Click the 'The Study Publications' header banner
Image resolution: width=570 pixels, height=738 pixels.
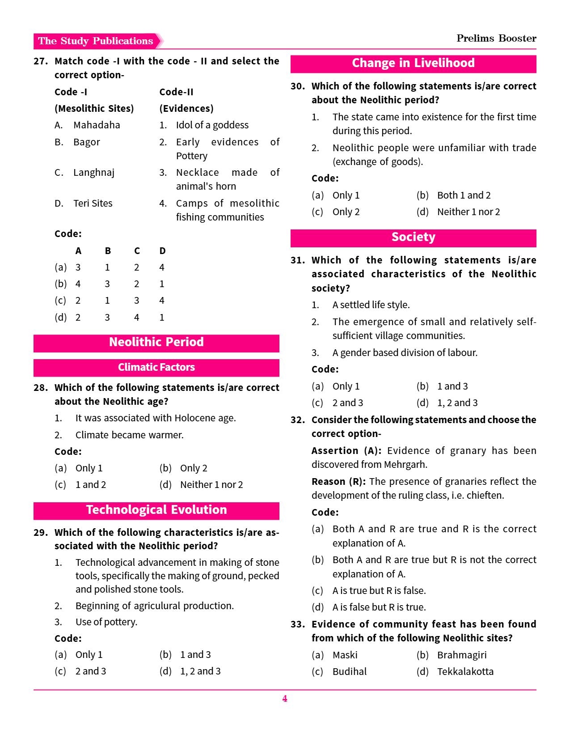click(96, 41)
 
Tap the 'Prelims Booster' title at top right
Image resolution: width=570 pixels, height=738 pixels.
click(496, 38)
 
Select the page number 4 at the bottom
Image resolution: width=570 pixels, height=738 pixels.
click(285, 699)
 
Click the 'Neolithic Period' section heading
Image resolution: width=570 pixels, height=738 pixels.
click(156, 342)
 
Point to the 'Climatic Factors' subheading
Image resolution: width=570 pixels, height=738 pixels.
click(156, 367)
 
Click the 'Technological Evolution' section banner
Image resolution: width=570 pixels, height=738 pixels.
click(156, 510)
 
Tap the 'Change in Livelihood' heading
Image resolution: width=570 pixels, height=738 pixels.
click(413, 63)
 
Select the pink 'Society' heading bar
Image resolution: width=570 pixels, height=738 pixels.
click(413, 237)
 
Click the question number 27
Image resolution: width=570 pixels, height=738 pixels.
click(40, 61)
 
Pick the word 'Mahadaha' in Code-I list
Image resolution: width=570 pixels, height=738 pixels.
click(97, 125)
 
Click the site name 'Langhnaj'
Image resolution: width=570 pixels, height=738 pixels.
click(94, 173)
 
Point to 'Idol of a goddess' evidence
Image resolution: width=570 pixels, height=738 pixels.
click(212, 125)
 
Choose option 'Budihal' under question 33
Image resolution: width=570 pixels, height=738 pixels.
click(350, 671)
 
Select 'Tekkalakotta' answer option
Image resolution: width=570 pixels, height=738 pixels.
click(465, 671)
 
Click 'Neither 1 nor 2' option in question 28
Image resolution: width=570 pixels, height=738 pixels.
click(211, 485)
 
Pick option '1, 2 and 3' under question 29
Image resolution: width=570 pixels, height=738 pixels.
click(200, 671)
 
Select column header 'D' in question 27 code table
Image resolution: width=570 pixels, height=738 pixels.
click(162, 251)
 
